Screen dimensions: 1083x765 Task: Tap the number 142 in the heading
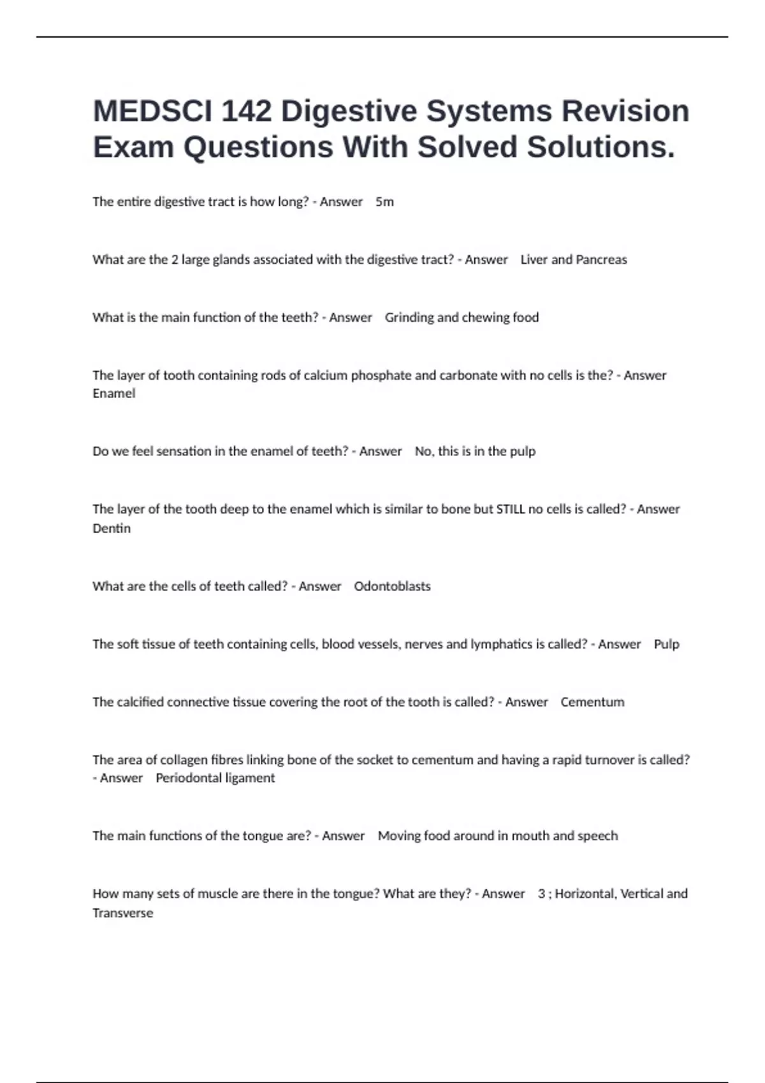pyautogui.click(x=246, y=111)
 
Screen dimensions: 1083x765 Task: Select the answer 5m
pyautogui.click(x=384, y=202)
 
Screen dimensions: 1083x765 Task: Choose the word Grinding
pyautogui.click(x=409, y=318)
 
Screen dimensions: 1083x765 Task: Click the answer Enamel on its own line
pyautogui.click(x=114, y=394)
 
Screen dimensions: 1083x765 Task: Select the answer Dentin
pyautogui.click(x=112, y=529)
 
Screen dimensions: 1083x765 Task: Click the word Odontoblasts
pyautogui.click(x=392, y=586)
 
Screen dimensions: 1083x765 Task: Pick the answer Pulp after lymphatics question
pyautogui.click(x=666, y=644)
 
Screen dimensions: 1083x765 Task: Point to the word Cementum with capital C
pyautogui.click(x=592, y=702)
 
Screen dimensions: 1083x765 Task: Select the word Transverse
pyautogui.click(x=123, y=913)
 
